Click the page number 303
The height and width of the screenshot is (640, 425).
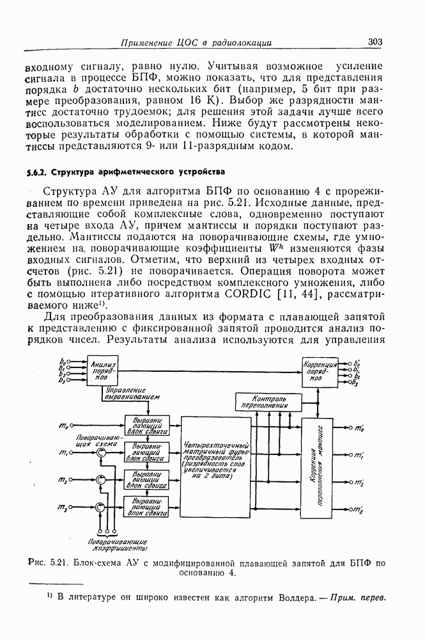[375, 42]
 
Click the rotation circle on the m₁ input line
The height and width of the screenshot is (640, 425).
[100, 452]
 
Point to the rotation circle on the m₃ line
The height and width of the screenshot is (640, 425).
[100, 508]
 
